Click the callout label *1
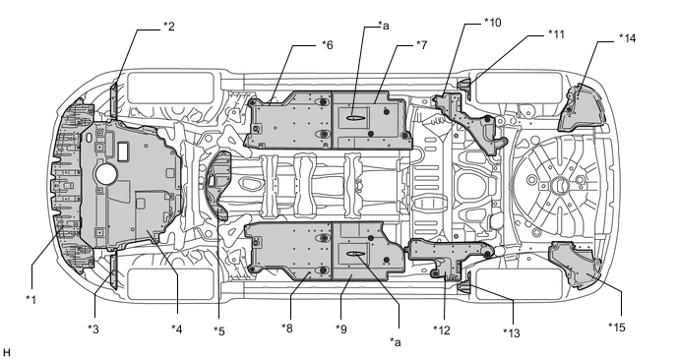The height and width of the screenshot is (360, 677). click(x=31, y=299)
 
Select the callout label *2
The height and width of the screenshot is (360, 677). click(x=169, y=27)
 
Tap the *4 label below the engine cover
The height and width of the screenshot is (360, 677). click(x=176, y=330)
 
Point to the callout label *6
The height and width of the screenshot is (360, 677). click(x=328, y=45)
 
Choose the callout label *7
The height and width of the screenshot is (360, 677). click(x=421, y=44)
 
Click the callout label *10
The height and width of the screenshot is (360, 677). click(x=493, y=23)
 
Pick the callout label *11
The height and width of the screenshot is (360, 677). click(x=556, y=34)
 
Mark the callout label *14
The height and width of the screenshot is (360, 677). click(x=627, y=38)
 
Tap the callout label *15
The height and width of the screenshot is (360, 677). click(x=617, y=328)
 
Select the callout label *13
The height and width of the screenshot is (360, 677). click(x=512, y=332)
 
